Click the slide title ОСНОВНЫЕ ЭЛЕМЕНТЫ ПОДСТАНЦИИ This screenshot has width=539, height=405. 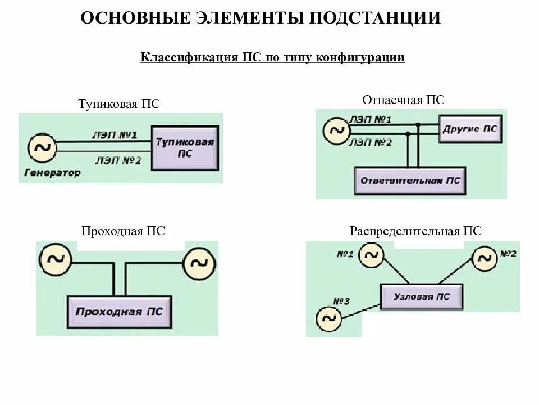pos(261,18)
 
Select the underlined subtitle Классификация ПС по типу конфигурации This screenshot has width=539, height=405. pos(272,58)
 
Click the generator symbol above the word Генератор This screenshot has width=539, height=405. pos(42,148)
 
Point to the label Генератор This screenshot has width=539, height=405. pos(52,172)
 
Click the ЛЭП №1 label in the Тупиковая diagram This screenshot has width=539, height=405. pos(114,135)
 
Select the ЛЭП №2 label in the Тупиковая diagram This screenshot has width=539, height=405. pos(118,161)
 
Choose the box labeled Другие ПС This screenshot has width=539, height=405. pos(469,129)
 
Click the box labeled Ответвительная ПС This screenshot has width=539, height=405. pos(409,181)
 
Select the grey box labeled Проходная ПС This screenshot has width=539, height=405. pos(118,312)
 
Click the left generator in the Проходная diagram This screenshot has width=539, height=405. pos(55,259)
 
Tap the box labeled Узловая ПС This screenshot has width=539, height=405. pos(422,296)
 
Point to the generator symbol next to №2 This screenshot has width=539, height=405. pos(485,258)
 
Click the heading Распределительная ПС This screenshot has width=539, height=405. pos(415,231)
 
